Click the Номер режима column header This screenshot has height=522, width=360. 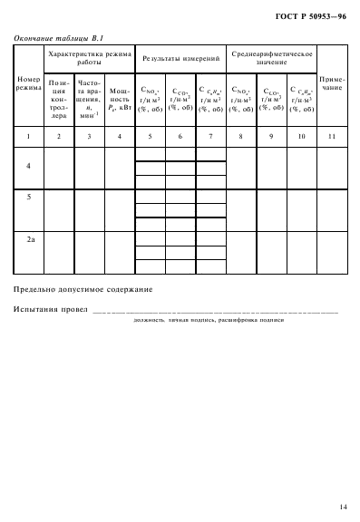click(29, 84)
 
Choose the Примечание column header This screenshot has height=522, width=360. click(333, 84)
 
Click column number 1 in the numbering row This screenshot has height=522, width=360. click(29, 136)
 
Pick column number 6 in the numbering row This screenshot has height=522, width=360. click(180, 136)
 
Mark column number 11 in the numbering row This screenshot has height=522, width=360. click(333, 136)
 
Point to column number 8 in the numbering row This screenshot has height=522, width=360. click(241, 136)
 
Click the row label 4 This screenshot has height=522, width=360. click(29, 167)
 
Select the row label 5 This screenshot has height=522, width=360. click(29, 197)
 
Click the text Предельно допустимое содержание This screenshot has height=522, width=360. click(83, 289)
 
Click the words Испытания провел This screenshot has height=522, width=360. click(51, 311)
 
